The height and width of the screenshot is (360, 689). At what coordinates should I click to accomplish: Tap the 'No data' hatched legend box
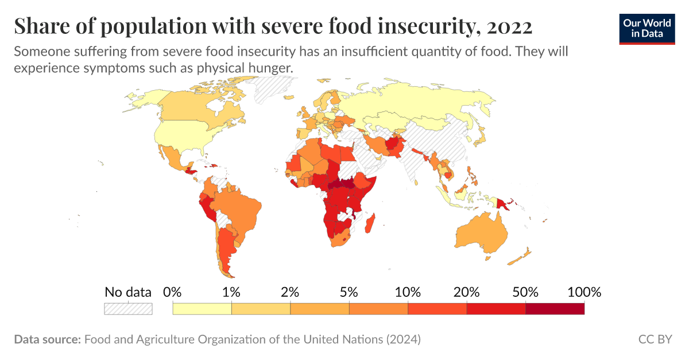(128, 309)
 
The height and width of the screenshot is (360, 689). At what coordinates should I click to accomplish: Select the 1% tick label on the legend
(231, 292)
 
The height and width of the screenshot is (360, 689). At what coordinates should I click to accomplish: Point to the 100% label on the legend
(584, 292)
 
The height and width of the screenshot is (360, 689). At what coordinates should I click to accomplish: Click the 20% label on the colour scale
(466, 292)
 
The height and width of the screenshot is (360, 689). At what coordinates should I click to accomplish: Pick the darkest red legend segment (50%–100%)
(555, 309)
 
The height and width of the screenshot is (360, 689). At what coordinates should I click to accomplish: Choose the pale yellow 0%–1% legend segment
(202, 309)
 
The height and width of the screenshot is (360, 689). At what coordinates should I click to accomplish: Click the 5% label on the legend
(349, 292)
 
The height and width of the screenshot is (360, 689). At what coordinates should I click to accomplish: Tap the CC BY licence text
(655, 339)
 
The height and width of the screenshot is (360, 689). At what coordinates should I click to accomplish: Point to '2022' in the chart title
(509, 26)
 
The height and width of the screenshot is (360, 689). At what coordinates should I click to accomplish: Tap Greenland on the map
(270, 89)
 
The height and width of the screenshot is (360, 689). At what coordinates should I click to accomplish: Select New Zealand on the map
(524, 255)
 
